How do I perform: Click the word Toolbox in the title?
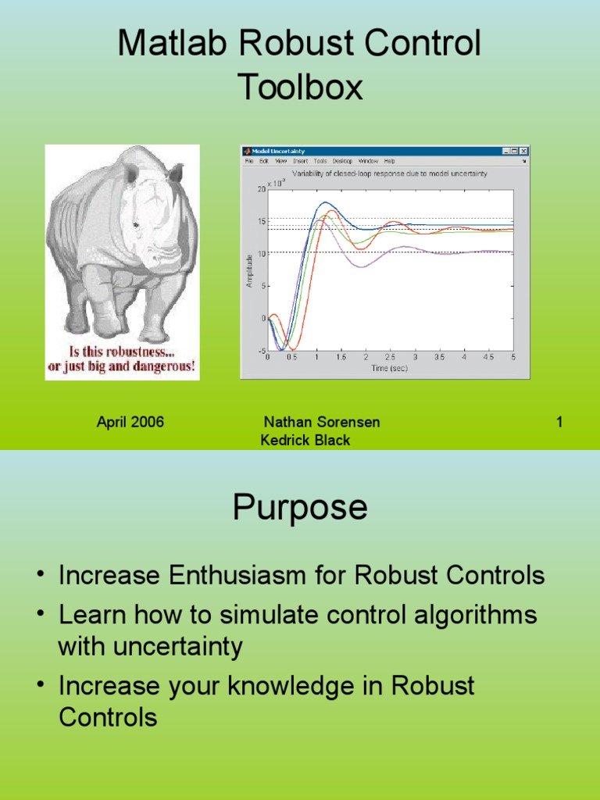pyautogui.click(x=300, y=87)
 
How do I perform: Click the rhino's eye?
pyautogui.click(x=136, y=225)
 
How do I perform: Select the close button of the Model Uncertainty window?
pyautogui.click(x=524, y=151)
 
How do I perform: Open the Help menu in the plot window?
pyautogui.click(x=389, y=161)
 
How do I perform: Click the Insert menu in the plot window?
pyautogui.click(x=300, y=161)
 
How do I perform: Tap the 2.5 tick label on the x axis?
pyautogui.click(x=390, y=357)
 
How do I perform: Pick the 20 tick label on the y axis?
pyautogui.click(x=261, y=189)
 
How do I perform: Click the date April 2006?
pyautogui.click(x=130, y=423)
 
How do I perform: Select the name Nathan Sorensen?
pyautogui.click(x=322, y=423)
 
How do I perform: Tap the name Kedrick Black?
pyautogui.click(x=305, y=441)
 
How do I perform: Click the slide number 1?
pyautogui.click(x=559, y=423)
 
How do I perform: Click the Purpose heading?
pyautogui.click(x=300, y=508)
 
